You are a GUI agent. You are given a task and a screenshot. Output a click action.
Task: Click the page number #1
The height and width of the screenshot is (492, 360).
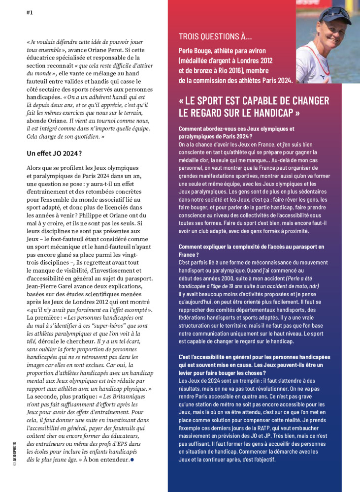click(x=30, y=13)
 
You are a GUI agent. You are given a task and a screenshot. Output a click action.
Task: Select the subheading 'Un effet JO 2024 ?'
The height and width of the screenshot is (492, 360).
click(x=54, y=154)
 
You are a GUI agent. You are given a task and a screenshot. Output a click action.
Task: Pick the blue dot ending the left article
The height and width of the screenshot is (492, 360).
click(x=132, y=460)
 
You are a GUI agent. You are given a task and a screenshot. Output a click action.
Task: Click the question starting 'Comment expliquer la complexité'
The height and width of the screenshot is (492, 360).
click(x=244, y=250)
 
